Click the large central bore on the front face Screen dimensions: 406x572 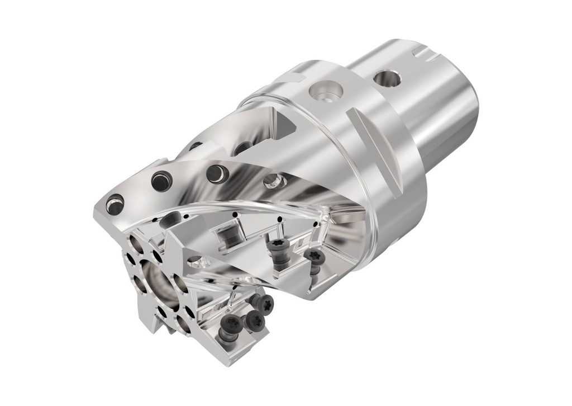click(x=156, y=281)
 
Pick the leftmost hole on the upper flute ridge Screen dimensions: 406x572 click(x=115, y=204)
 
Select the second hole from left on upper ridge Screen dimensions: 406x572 click(x=161, y=181)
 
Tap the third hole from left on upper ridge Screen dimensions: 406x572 click(x=215, y=173)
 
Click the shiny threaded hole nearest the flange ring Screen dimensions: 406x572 click(x=272, y=180)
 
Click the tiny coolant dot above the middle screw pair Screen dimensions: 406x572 click(x=279, y=218)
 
